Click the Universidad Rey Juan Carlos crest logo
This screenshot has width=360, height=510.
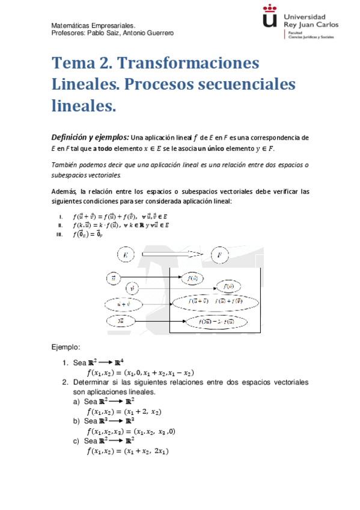[x=271, y=18]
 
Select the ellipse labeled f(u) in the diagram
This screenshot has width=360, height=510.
[x=195, y=278]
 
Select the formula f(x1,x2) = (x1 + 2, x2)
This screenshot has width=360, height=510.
[x=124, y=411]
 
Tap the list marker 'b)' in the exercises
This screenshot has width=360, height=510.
[x=76, y=421]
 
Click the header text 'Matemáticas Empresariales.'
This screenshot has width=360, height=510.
[x=93, y=26]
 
